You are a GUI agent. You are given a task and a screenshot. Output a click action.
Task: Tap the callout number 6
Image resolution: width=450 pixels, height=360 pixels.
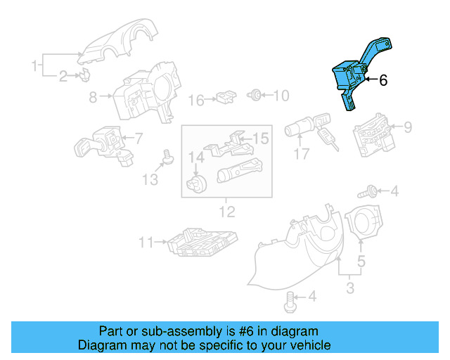(x=383, y=81)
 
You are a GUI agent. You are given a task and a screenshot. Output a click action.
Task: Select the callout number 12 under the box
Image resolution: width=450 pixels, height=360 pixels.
(x=227, y=211)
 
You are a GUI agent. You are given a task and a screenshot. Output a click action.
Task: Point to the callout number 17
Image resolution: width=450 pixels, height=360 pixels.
(x=302, y=154)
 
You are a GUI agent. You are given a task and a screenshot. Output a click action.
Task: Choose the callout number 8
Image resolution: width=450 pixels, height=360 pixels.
(x=93, y=98)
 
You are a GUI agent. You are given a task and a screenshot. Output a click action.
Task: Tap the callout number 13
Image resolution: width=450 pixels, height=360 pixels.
(x=149, y=180)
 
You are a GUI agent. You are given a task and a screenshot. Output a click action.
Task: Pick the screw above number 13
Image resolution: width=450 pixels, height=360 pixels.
(x=168, y=157)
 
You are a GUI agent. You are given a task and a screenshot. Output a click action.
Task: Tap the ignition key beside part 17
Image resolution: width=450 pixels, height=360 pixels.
(x=328, y=138)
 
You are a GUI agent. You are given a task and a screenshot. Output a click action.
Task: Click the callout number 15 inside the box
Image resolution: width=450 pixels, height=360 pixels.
(x=261, y=139)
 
